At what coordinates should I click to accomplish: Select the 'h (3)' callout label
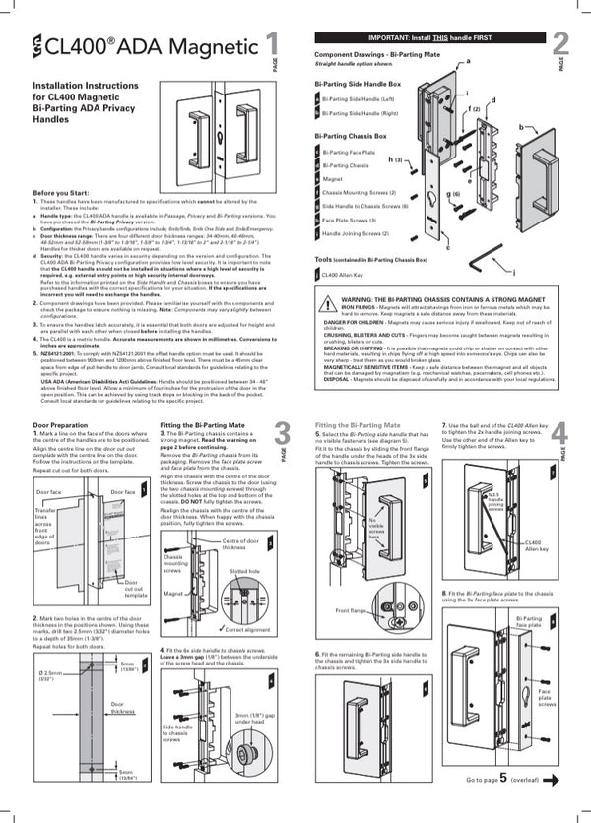396,158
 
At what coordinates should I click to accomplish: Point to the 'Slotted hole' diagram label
244,570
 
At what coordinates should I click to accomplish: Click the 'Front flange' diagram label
351,610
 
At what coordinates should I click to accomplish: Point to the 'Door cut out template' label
137,589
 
